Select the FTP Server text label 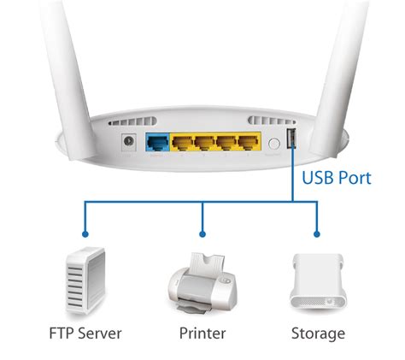pyautogui.click(x=86, y=333)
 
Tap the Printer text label pyautogui.click(x=202, y=333)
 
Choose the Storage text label pyautogui.click(x=317, y=333)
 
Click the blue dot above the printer pyautogui.click(x=202, y=231)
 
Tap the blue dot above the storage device pyautogui.click(x=317, y=231)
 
